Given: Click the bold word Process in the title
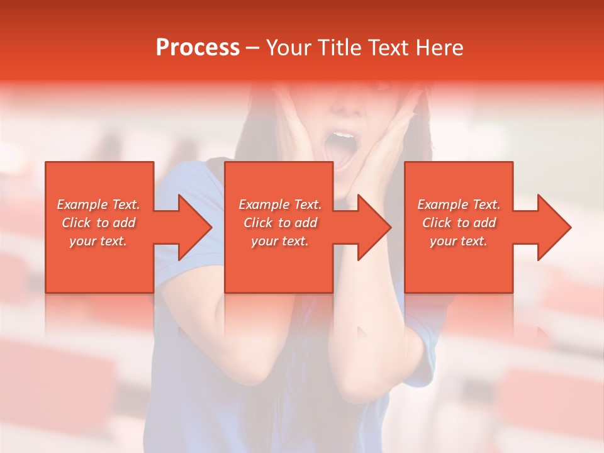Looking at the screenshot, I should tap(198, 48).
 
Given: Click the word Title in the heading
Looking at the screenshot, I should tap(340, 48).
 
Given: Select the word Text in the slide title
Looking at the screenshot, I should tap(388, 48).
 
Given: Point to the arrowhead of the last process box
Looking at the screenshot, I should tap(553, 227).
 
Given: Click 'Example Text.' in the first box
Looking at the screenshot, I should tap(98, 204).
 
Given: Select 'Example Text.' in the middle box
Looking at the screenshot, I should tap(280, 204).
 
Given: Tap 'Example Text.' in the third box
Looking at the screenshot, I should tap(459, 204).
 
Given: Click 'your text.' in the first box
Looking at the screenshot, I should tap(98, 241).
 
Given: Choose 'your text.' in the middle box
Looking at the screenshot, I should tap(280, 241).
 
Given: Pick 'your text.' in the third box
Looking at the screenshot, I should tap(459, 241).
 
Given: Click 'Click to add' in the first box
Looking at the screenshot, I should tap(98, 223).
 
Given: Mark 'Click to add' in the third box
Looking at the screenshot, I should tap(459, 223).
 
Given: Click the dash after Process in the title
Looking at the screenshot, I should tap(252, 48).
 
